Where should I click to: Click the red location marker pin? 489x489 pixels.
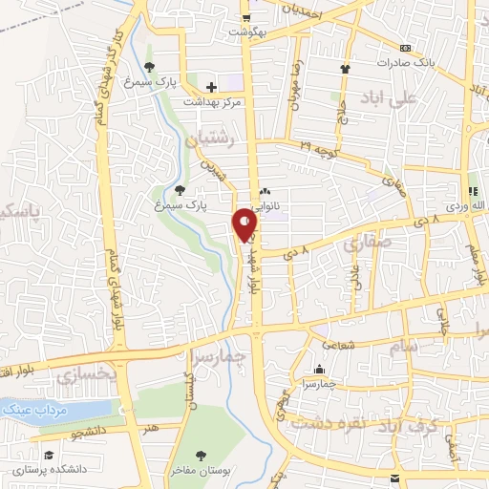tap(245, 225)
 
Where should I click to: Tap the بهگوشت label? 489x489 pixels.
tap(244, 32)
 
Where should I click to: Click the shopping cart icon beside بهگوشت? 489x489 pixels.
tap(246, 18)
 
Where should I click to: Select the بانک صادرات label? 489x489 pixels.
tap(430, 61)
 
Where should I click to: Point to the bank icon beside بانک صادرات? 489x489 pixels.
tap(405, 48)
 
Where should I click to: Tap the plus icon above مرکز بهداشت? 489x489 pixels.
tap(211, 87)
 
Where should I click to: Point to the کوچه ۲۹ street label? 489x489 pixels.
tap(320, 144)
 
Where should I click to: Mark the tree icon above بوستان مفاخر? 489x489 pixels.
tap(201, 454)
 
